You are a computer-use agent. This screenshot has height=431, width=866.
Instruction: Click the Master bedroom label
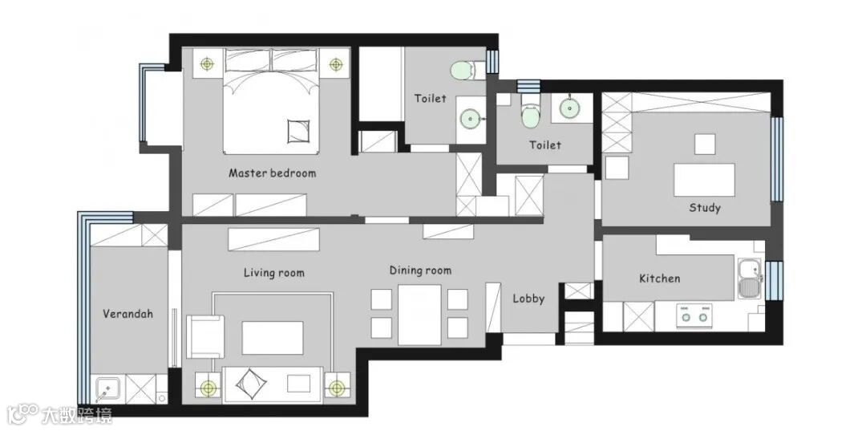(273, 173)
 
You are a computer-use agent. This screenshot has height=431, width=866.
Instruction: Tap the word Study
(705, 208)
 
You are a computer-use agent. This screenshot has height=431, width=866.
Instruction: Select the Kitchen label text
(659, 278)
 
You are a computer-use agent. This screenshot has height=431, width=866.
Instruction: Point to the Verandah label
(127, 314)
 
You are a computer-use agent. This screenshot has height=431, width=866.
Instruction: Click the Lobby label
(528, 299)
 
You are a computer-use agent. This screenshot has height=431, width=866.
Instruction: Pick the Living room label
(274, 272)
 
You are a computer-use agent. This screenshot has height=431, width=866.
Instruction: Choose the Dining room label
(420, 270)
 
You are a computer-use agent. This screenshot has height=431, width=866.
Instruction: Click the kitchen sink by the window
(751, 279)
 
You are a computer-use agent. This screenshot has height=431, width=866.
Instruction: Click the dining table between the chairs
(419, 315)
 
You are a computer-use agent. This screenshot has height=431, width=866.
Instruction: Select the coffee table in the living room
(273, 338)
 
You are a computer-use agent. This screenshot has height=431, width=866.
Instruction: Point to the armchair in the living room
(205, 336)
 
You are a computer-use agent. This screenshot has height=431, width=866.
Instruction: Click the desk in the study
(704, 180)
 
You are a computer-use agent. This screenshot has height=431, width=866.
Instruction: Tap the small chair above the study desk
(705, 144)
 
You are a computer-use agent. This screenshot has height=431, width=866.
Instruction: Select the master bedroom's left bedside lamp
(207, 64)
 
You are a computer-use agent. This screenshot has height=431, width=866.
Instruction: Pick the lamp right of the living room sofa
(336, 388)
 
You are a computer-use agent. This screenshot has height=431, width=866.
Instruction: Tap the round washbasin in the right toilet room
(569, 108)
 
